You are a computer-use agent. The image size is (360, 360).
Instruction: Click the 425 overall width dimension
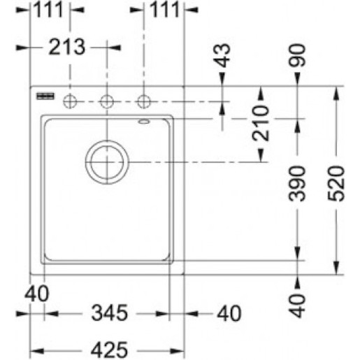[x=109, y=350]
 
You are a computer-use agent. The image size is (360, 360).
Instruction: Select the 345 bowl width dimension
[x=110, y=312]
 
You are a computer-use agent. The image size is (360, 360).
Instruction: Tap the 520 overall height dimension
[x=336, y=183]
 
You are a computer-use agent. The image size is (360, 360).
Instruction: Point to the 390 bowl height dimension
[x=296, y=183]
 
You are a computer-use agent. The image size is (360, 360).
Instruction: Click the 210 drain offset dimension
[x=261, y=123]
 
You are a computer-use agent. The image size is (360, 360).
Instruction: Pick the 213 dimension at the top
[x=67, y=48]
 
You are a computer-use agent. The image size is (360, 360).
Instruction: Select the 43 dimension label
[x=222, y=55]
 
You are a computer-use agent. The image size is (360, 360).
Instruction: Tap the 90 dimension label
[x=296, y=55]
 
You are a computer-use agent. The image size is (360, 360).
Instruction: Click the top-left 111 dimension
[x=48, y=10]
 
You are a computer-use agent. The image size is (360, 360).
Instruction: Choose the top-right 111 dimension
[x=165, y=10]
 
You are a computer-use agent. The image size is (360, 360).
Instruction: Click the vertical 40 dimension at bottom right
[x=296, y=305]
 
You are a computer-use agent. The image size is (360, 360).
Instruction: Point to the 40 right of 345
[x=229, y=313]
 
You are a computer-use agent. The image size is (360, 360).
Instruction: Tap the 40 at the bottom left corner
[x=37, y=294]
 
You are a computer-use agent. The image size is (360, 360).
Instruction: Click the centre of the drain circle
[x=107, y=162]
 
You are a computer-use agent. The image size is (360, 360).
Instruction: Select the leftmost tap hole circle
[x=70, y=101]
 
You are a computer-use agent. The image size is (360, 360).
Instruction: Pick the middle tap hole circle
[x=107, y=101]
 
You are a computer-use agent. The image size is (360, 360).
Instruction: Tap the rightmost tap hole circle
[x=144, y=101]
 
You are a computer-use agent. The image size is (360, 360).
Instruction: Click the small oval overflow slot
[x=144, y=122]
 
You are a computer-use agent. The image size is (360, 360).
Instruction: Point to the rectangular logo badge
[x=45, y=96]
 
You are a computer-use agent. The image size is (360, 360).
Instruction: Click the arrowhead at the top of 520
[x=336, y=94]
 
